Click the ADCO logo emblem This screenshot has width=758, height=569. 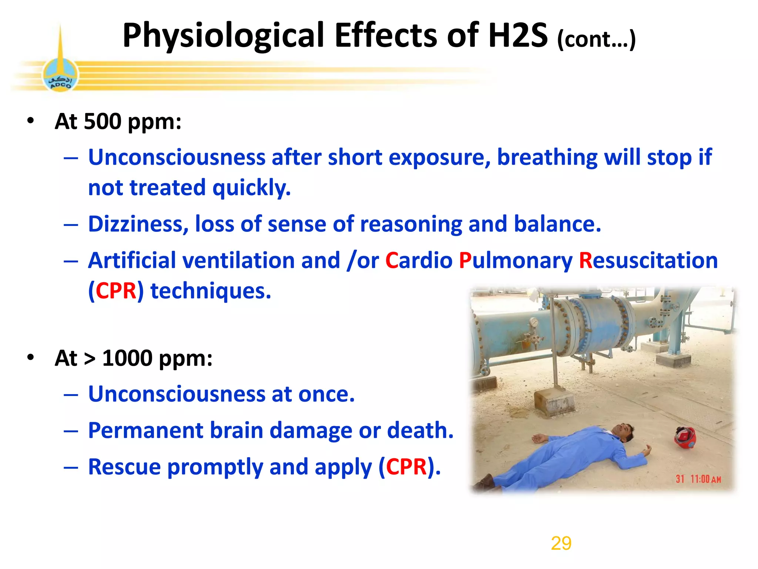[x=60, y=76]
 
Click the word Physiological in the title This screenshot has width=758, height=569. [x=224, y=36]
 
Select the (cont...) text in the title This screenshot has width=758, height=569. [x=596, y=39]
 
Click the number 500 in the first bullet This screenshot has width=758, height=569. [x=103, y=121]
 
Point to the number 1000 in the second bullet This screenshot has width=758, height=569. [x=127, y=358]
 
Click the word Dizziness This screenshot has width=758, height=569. [x=138, y=224]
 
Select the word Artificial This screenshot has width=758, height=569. [x=132, y=260]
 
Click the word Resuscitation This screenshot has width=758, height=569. [x=648, y=260]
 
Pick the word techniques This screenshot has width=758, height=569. [x=211, y=291]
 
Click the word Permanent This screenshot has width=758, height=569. [x=146, y=430]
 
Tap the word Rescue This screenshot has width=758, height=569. [x=124, y=467]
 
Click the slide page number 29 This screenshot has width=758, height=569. [x=561, y=543]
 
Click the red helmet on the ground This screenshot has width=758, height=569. [x=685, y=438]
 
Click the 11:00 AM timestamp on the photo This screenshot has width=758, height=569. [x=705, y=479]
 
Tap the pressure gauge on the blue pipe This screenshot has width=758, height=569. [x=533, y=323]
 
